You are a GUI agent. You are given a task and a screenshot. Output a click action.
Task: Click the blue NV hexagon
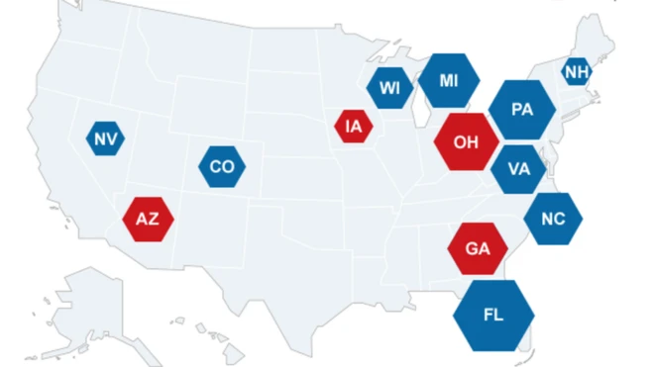point(104,139)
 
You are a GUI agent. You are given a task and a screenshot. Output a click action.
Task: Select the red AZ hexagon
point(148,219)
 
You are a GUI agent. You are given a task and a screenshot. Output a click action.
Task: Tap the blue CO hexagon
point(222,166)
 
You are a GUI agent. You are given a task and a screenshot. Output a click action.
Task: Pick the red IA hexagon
point(354,126)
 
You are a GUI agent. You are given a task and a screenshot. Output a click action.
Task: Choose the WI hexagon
point(389,87)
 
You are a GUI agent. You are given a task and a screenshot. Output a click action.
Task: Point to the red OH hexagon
point(466,140)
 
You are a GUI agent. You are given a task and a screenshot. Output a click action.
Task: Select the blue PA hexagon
point(522,109)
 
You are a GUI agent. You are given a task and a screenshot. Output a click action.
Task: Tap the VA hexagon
point(518,168)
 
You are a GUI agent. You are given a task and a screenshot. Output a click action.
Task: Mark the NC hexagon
point(553,219)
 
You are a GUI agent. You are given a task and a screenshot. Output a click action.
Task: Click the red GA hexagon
point(478,248)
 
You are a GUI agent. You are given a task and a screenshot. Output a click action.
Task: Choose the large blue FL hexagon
point(493,315)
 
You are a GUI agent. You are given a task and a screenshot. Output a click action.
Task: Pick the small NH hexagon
point(576,72)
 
